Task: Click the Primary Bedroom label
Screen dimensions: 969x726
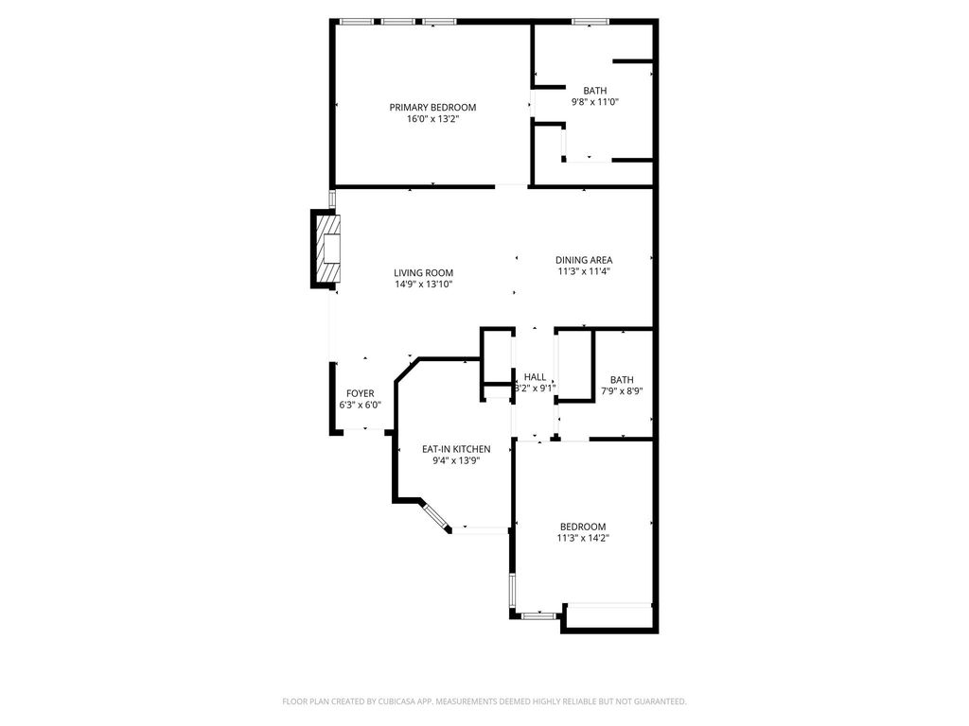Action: pyautogui.click(x=432, y=108)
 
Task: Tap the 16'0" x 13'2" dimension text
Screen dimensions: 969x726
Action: pyautogui.click(x=432, y=119)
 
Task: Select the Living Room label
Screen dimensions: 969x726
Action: pyautogui.click(x=423, y=273)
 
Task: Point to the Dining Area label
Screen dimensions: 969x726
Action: pyautogui.click(x=584, y=260)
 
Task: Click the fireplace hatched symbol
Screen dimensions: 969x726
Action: pyautogui.click(x=327, y=249)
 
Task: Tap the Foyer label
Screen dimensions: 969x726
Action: pyautogui.click(x=361, y=393)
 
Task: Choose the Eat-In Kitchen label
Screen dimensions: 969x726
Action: pyautogui.click(x=456, y=449)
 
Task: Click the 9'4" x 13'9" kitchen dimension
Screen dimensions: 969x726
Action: pyautogui.click(x=456, y=460)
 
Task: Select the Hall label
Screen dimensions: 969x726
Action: pyautogui.click(x=536, y=377)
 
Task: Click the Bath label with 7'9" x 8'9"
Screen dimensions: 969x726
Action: pyautogui.click(x=622, y=380)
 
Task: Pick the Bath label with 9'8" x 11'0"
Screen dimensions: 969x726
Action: pyautogui.click(x=595, y=91)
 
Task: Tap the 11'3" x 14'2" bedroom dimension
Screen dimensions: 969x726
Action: pyautogui.click(x=583, y=538)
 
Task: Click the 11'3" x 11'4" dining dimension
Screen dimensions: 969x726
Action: pyautogui.click(x=584, y=271)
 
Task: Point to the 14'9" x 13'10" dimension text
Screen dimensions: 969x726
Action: pyautogui.click(x=424, y=285)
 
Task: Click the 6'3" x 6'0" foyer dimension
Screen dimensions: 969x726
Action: pyautogui.click(x=361, y=405)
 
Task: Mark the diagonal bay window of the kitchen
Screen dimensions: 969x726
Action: pyautogui.click(x=436, y=516)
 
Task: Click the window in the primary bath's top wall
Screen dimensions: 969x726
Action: pyautogui.click(x=590, y=22)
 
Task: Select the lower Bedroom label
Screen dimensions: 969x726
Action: pyautogui.click(x=583, y=527)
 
